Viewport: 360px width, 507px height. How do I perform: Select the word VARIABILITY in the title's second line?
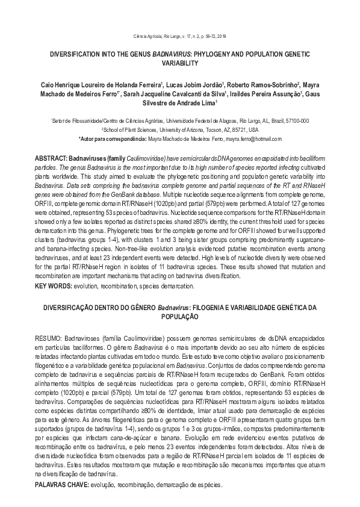click(x=180, y=63)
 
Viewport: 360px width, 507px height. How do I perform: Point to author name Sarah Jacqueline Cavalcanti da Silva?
click(x=175, y=95)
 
